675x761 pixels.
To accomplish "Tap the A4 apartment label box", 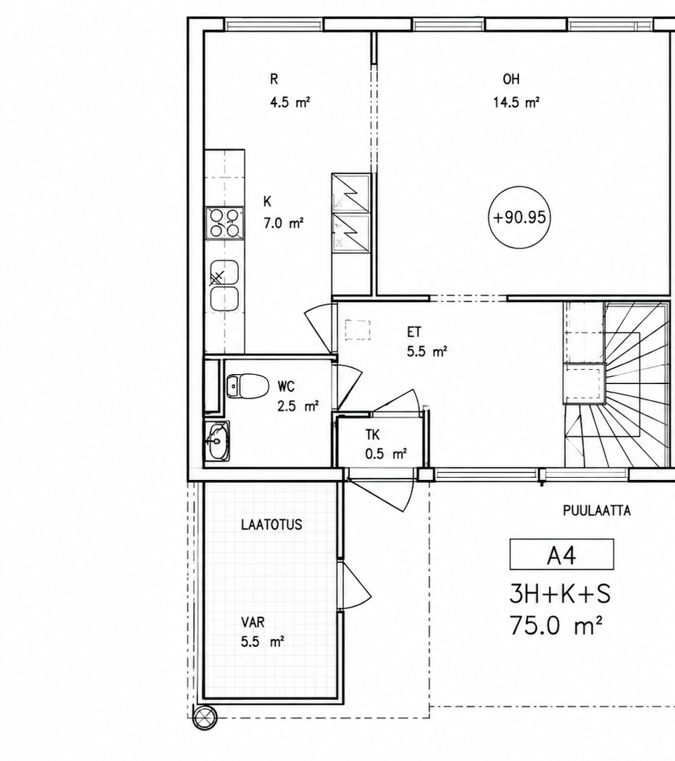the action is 562,554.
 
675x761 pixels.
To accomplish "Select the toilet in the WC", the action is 247,386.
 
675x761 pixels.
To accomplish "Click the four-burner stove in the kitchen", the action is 225,224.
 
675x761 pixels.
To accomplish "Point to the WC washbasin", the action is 217,441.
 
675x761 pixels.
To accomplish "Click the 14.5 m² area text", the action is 517,102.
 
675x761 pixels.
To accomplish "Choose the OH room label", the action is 511,79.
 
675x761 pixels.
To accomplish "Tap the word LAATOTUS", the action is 272,525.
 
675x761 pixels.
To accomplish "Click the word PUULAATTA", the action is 597,511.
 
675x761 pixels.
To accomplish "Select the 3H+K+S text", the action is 560,594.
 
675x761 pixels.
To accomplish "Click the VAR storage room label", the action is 253,622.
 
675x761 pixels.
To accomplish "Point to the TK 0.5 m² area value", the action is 386,454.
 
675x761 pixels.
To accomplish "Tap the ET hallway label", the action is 414,332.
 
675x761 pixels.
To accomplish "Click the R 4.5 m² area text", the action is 290,102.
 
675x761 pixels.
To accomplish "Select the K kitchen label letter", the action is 267,201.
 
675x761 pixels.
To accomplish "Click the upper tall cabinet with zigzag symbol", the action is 351,192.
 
